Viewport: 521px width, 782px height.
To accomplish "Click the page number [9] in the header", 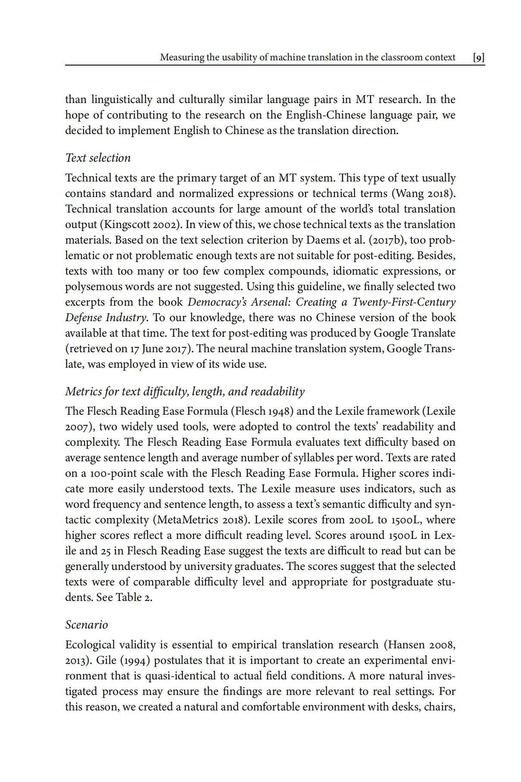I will coord(478,57).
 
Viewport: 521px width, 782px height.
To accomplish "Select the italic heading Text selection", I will coord(98,158).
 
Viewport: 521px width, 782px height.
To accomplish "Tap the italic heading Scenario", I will coord(86,625).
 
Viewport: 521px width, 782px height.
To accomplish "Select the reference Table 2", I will coord(133,597).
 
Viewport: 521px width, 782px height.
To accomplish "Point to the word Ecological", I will coord(90,645).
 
